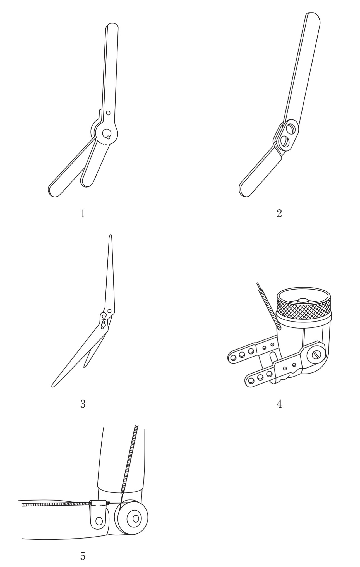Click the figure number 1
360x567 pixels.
click(x=83, y=214)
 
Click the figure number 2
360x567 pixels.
click(x=279, y=214)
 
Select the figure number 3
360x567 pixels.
click(x=83, y=404)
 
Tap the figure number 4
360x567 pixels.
click(x=279, y=404)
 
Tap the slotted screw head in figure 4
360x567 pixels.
click(x=316, y=355)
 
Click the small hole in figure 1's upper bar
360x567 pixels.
click(x=108, y=113)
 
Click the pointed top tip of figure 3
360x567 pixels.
click(x=111, y=236)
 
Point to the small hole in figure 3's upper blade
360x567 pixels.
click(x=109, y=311)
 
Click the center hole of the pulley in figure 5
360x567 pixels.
click(x=136, y=518)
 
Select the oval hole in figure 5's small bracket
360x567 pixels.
click(x=99, y=521)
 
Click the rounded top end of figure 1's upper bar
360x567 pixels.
click(x=112, y=27)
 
